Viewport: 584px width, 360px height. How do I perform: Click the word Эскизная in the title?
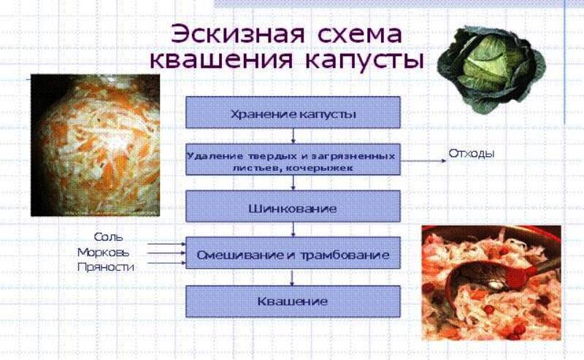238,34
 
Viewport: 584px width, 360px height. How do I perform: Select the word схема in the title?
360,34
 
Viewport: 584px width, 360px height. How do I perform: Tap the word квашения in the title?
221,60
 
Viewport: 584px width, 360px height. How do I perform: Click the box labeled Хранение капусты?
293,112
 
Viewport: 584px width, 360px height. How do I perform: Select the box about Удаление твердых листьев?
293,159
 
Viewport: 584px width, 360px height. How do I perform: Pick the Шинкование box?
293,207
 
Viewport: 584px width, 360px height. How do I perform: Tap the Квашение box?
293,302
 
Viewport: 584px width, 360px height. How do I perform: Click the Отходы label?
472,153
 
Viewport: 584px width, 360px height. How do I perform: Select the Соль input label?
108,237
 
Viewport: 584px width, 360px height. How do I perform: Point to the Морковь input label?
104,253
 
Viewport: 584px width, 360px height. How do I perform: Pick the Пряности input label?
106,267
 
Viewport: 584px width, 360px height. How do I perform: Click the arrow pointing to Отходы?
423,161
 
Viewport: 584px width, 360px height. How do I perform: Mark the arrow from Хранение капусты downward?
293,136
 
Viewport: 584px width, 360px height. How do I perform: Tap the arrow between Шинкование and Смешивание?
293,229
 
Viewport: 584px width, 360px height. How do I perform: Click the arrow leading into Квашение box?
292,277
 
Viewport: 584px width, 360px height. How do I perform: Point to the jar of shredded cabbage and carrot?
96,145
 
